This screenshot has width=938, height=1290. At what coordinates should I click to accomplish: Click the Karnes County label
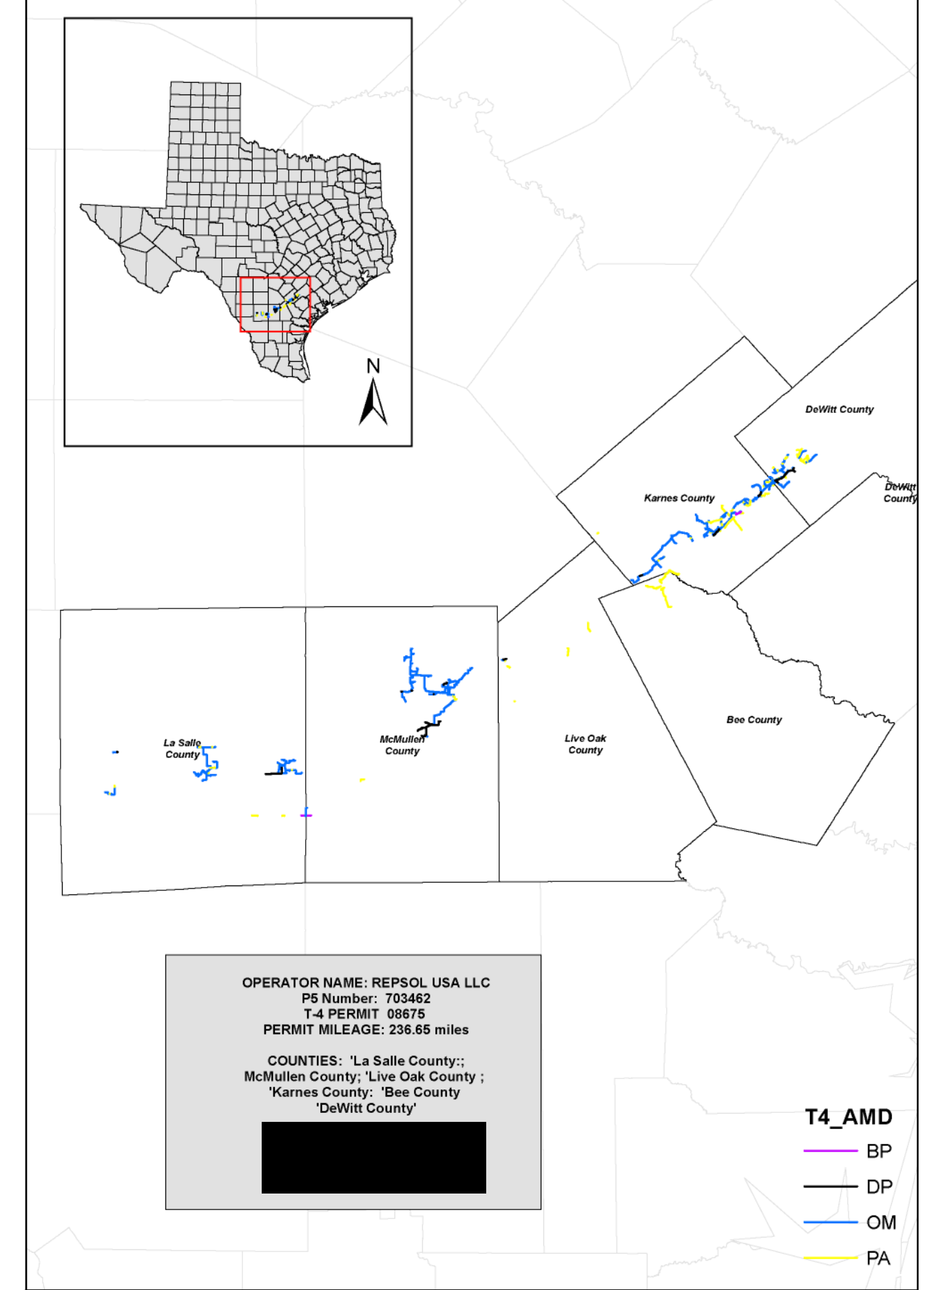pyautogui.click(x=678, y=498)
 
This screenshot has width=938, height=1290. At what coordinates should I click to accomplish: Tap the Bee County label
pyautogui.click(x=753, y=719)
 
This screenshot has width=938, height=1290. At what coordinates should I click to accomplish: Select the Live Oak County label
pyautogui.click(x=585, y=744)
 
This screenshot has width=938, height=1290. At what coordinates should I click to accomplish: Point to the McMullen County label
pyautogui.click(x=402, y=745)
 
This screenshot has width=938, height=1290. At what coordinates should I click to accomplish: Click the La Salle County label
pyautogui.click(x=182, y=748)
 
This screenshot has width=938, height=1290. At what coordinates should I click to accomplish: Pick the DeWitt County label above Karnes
pyautogui.click(x=839, y=409)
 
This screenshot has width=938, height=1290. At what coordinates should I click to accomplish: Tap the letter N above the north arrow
pyautogui.click(x=373, y=366)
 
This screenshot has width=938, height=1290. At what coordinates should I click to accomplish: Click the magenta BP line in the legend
pyautogui.click(x=830, y=1151)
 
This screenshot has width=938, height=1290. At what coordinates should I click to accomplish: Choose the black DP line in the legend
pyautogui.click(x=830, y=1187)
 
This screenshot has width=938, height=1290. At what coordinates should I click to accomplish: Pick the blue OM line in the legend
pyautogui.click(x=830, y=1222)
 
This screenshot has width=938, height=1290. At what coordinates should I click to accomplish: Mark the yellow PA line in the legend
pyautogui.click(x=830, y=1258)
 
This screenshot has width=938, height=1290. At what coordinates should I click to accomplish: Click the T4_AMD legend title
pyautogui.click(x=848, y=1117)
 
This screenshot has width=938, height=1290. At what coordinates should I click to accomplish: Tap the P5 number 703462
pyautogui.click(x=408, y=999)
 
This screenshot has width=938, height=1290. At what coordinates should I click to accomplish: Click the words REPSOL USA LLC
pyautogui.click(x=430, y=983)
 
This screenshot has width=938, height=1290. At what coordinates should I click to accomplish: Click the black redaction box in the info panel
pyautogui.click(x=373, y=1158)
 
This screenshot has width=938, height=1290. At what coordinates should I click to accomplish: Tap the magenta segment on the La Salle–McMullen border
pyautogui.click(x=306, y=815)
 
